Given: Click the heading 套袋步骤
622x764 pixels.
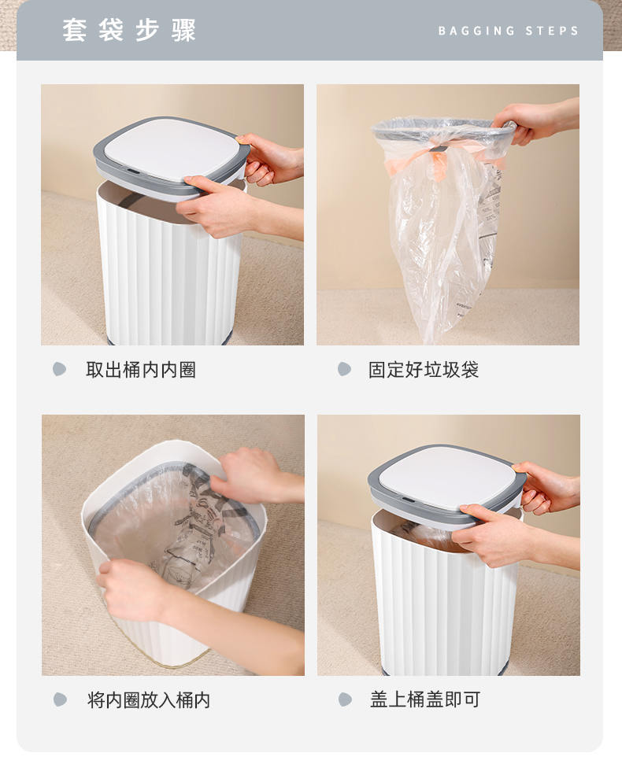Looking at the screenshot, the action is tap(129, 30).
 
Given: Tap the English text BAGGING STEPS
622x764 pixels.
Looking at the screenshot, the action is tap(509, 31).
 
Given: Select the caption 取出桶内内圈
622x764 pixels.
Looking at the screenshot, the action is tap(141, 370).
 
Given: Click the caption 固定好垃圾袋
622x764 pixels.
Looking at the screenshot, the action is tap(423, 370).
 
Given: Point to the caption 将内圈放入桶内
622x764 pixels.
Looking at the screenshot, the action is tap(149, 700).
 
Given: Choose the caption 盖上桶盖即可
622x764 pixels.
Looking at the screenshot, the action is tap(425, 699).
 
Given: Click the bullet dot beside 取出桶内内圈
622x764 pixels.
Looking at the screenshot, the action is tap(59, 369).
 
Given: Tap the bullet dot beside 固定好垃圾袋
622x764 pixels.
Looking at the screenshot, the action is tap(344, 369).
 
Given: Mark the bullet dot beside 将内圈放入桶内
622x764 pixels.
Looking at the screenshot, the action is tap(60, 699).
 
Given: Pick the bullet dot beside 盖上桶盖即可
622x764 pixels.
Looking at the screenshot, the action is tap(345, 699).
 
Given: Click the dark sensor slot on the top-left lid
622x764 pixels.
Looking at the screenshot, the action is tap(131, 171).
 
